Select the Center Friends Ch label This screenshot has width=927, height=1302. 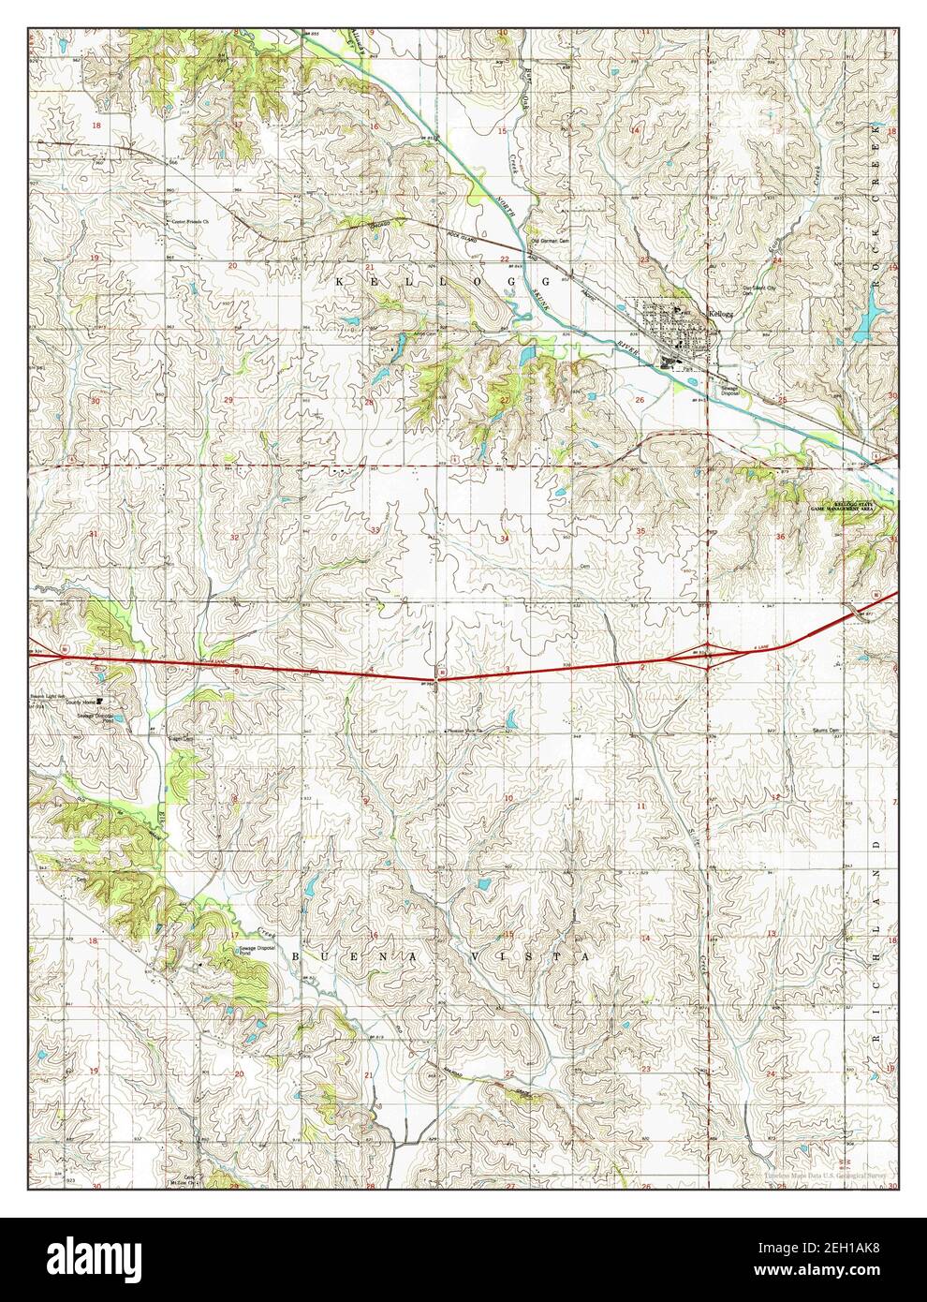193,222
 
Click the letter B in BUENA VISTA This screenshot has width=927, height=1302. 297,956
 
